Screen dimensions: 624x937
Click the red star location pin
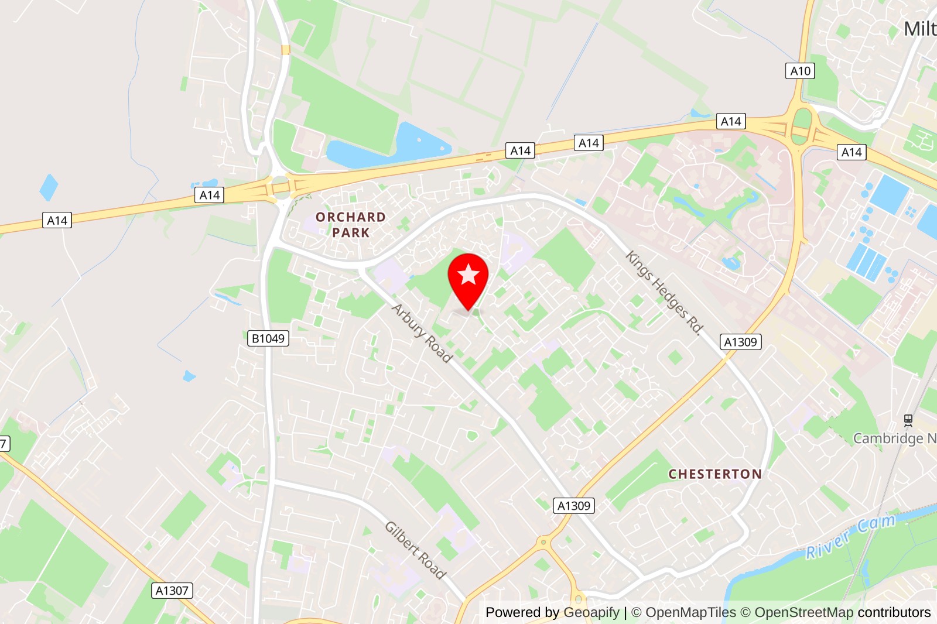coord(468,278)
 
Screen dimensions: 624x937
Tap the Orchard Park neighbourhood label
coord(351,225)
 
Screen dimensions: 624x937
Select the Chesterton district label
coord(715,474)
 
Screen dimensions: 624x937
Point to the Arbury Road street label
coord(422,333)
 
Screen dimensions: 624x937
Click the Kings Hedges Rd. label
coord(664,292)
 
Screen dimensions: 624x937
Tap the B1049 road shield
coord(268,338)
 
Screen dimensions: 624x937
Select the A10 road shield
coord(800,71)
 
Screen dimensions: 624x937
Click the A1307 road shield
coord(172,591)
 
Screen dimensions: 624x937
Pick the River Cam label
coord(850,536)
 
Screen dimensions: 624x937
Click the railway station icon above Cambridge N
coord(908,420)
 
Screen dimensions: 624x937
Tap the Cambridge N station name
coord(894,438)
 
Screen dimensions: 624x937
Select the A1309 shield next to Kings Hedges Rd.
coord(740,342)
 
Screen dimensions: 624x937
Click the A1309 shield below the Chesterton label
coord(574,506)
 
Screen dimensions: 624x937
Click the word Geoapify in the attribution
coord(591,612)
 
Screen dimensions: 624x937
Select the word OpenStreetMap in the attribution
coord(803,612)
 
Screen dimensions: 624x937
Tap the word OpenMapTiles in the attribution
coord(690,612)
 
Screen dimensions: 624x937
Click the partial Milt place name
coord(919,29)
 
